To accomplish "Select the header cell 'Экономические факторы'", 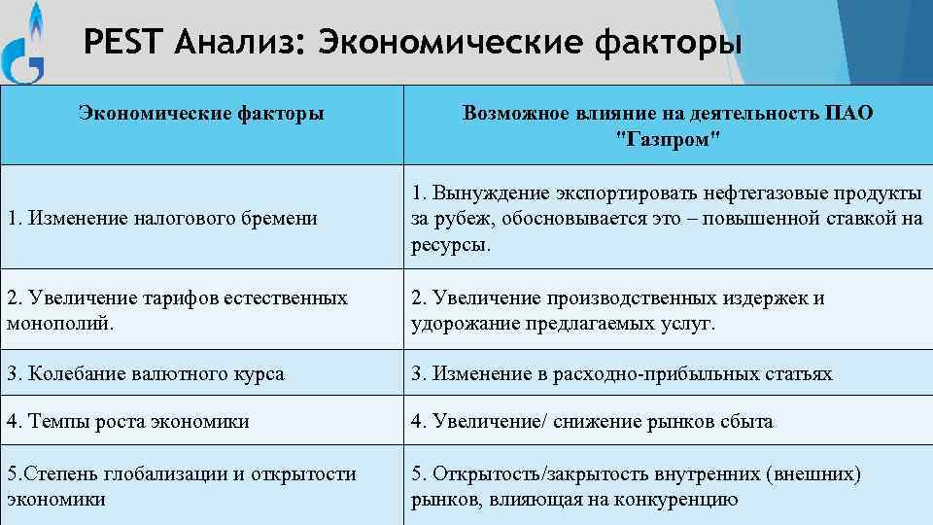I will click(x=200, y=114).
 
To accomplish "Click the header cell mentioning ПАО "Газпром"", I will click(x=669, y=125).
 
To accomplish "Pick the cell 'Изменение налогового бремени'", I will click(x=162, y=219).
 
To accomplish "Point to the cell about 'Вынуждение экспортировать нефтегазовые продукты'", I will click(x=667, y=218).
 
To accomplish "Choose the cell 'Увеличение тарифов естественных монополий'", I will click(x=177, y=310).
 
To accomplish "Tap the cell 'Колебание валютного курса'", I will click(x=146, y=373).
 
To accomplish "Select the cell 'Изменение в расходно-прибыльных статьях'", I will click(x=622, y=373).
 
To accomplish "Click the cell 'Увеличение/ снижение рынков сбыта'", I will click(x=592, y=422).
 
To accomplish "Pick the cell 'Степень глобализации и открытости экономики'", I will click(x=182, y=486).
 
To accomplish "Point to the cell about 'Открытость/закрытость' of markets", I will click(x=636, y=486).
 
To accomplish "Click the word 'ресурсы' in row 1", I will click(x=450, y=246).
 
